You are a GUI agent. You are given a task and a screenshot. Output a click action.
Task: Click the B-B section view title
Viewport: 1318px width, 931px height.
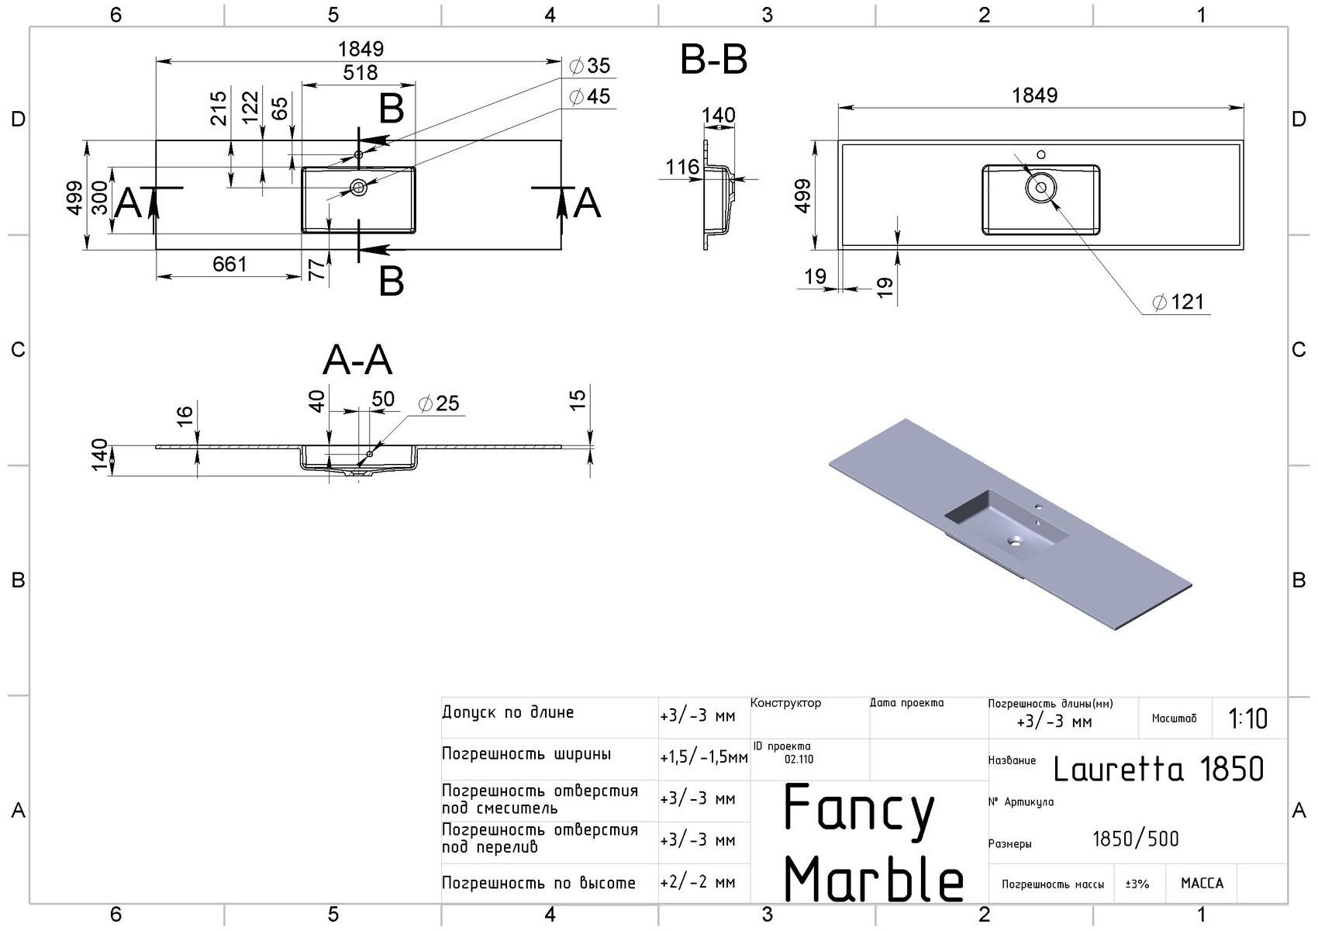click(713, 60)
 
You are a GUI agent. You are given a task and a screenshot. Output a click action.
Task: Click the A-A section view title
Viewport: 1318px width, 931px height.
click(357, 360)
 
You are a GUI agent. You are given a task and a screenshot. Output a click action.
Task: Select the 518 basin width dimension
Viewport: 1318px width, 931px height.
click(361, 73)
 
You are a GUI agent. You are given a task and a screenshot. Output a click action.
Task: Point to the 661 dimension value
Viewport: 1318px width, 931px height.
click(229, 265)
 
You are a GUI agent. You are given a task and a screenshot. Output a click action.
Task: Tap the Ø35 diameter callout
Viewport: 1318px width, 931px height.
click(590, 66)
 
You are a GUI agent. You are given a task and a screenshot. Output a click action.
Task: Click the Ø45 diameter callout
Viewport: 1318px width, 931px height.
click(590, 97)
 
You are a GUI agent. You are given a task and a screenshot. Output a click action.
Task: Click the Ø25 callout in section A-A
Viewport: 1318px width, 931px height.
click(439, 403)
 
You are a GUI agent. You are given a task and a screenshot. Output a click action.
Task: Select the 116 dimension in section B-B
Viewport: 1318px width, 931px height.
click(682, 167)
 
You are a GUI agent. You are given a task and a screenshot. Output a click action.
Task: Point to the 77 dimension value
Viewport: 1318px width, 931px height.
click(316, 269)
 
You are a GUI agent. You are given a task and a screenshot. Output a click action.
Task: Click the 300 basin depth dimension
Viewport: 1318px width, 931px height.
click(99, 199)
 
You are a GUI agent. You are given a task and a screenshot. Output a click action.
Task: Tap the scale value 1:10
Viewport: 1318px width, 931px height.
click(1248, 719)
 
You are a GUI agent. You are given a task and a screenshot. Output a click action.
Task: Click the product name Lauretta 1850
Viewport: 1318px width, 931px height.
click(1158, 770)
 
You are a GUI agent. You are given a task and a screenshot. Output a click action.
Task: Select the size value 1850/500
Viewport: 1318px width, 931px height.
click(1135, 839)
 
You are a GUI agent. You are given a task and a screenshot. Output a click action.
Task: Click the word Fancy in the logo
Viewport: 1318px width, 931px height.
click(859, 808)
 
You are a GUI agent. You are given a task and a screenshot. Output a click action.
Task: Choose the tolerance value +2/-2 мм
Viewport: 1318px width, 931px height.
click(698, 883)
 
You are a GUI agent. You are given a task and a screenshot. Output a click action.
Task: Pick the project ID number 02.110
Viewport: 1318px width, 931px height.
click(799, 760)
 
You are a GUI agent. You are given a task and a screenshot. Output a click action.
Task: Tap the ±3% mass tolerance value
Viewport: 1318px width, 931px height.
click(1137, 884)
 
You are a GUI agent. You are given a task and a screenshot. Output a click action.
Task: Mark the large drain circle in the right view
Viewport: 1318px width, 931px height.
click(1040, 188)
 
